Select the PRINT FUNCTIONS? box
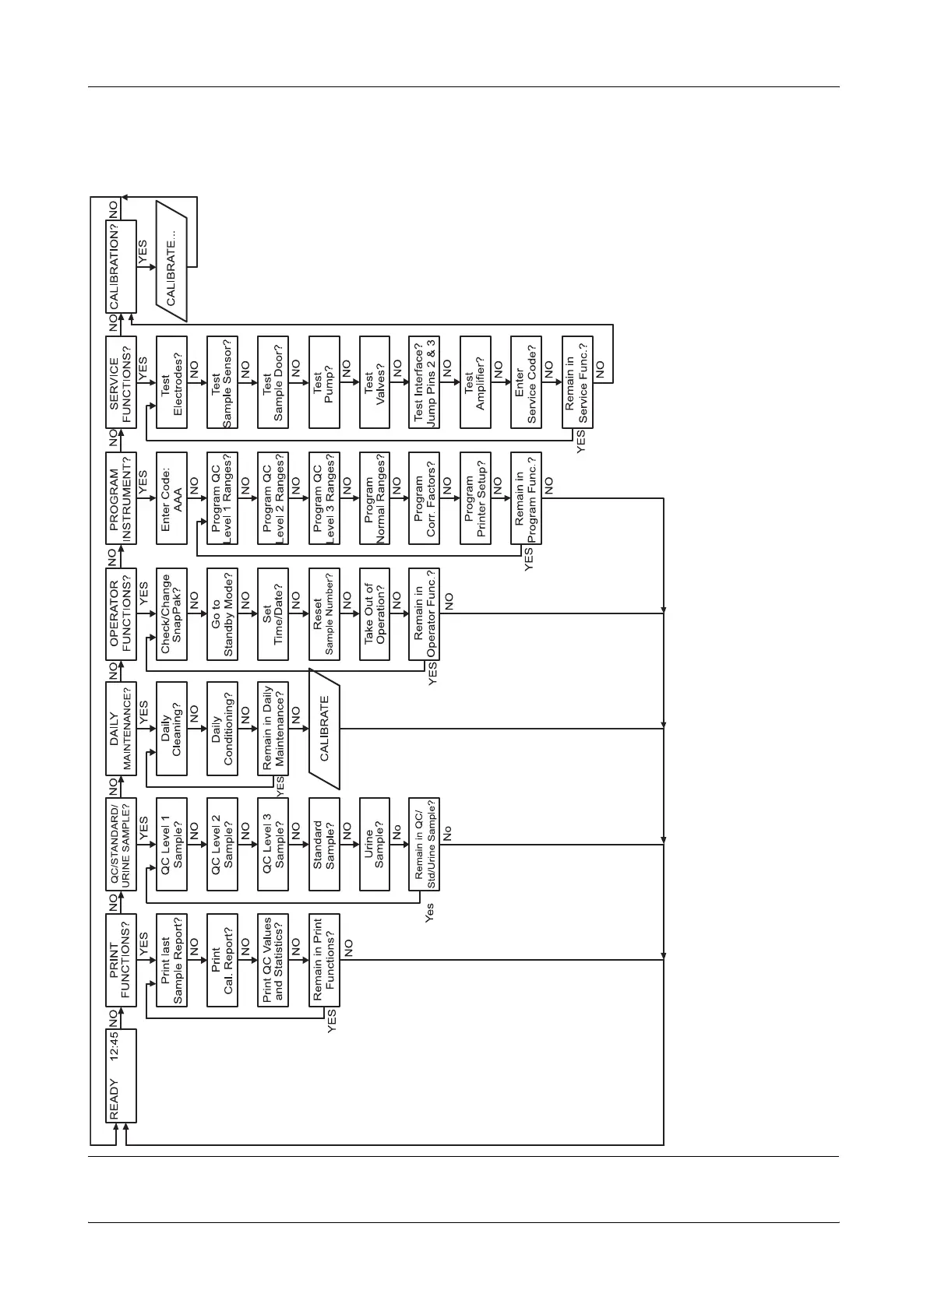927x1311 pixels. coord(121,960)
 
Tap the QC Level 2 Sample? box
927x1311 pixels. coord(222,844)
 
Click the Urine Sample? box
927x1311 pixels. coord(375,844)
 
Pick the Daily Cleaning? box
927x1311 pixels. coord(171,729)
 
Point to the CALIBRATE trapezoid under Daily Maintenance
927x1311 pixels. coord(325,729)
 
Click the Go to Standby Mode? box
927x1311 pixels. coord(222,613)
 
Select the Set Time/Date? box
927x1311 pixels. coord(273,613)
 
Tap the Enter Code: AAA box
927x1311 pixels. coord(171,498)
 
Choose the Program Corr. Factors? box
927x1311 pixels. coord(424,498)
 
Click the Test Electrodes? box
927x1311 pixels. coord(171,382)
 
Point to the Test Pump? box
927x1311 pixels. coord(324,382)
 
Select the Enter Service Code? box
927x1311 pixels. coord(526,382)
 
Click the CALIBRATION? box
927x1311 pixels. coord(121,266)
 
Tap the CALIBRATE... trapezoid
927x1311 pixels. coord(171,266)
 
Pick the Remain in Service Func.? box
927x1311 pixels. coord(577,382)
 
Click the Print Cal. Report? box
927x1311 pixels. coord(222,960)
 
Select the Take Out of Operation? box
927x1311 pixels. coord(375,613)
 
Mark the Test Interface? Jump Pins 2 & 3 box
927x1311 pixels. coord(424,382)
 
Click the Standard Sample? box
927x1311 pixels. coord(324,844)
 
